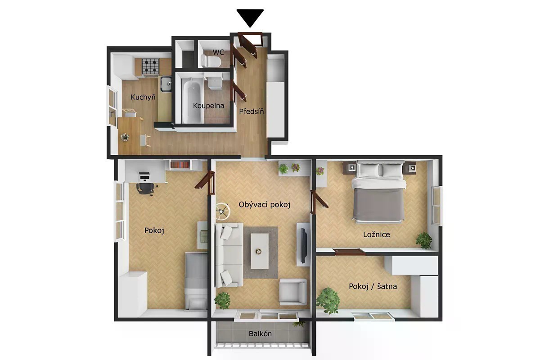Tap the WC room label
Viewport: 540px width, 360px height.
pos(218,52)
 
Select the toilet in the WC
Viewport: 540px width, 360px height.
pos(211,61)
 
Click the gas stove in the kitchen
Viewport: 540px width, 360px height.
pos(150,66)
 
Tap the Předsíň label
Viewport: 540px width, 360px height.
pos(252,112)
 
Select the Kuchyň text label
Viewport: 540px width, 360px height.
pos(143,97)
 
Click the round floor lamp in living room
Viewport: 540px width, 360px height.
pos(222,211)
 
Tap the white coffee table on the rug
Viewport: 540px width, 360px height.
pos(259,251)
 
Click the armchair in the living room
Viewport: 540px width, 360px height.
pos(293,292)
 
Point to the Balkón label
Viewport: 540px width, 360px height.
pos(260,334)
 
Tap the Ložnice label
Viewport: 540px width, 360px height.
pos(376,234)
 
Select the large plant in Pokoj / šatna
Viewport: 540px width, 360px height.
pos(328,301)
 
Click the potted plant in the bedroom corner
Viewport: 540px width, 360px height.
pos(424,240)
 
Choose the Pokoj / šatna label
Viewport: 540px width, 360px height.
pos(373,286)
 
